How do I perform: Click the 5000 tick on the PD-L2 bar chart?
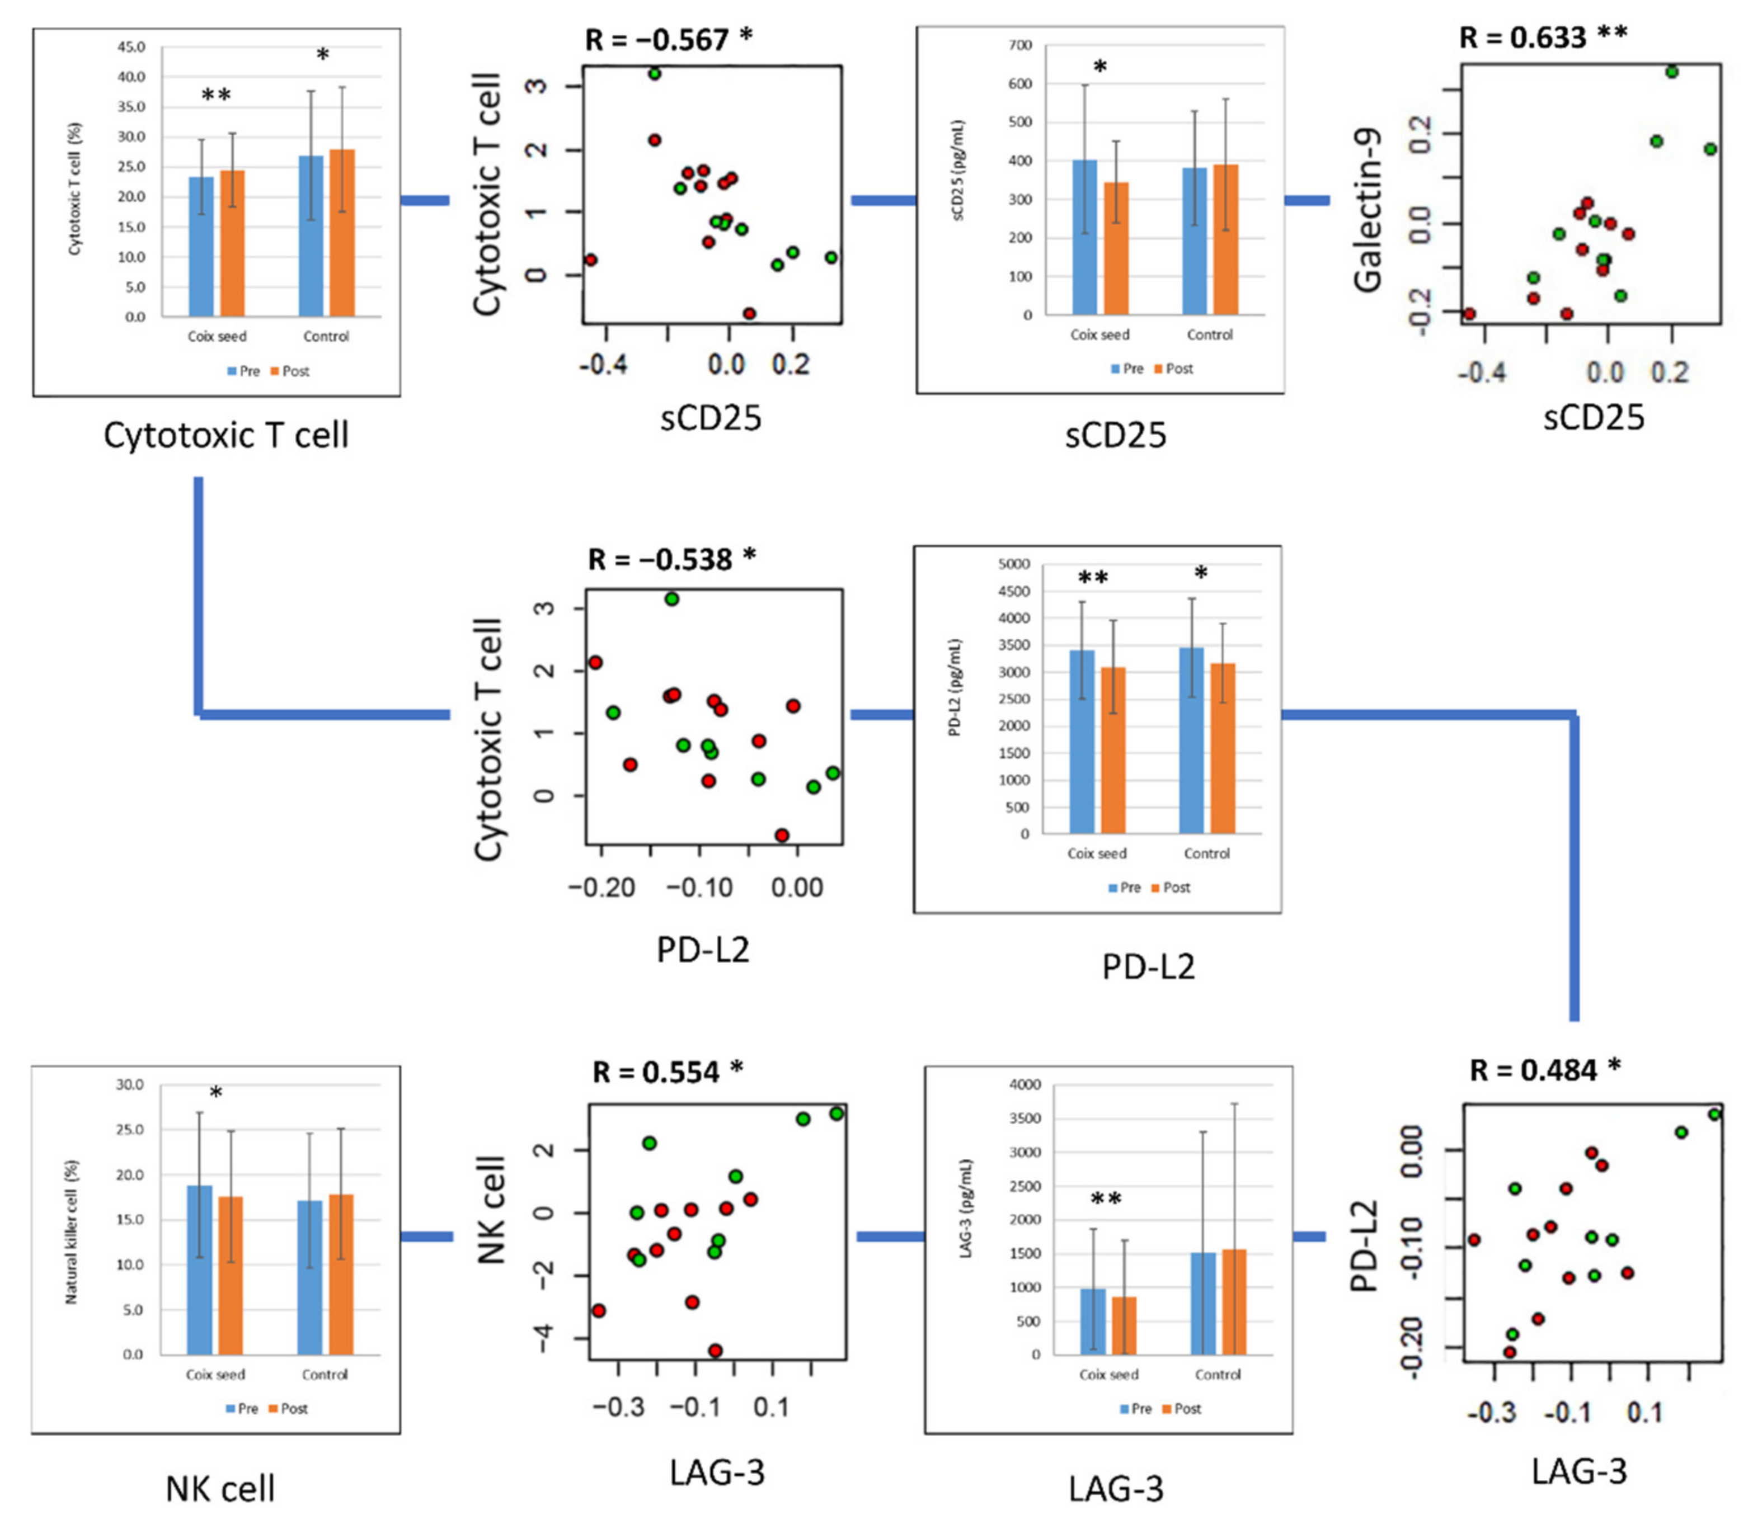(1013, 564)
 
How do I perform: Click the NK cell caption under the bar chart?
(220, 1489)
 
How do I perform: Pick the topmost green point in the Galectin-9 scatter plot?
(1672, 72)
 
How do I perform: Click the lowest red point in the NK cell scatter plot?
(715, 1351)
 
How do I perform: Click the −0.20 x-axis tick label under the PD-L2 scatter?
(602, 888)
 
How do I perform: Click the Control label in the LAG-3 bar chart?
(1217, 1375)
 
